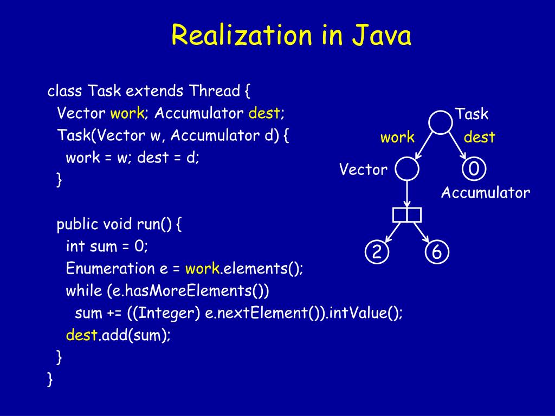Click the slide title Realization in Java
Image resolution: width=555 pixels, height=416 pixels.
(291, 36)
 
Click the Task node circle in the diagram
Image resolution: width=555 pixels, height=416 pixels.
(440, 122)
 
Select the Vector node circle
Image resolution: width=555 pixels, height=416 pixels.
(406, 169)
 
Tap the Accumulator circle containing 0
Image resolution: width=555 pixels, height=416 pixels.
(474, 169)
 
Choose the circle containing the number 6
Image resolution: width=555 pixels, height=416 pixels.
(437, 252)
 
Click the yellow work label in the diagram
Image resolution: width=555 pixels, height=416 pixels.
(397, 138)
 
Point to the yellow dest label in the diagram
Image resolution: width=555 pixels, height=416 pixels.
(479, 138)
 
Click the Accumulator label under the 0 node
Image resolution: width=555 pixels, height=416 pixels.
(485, 193)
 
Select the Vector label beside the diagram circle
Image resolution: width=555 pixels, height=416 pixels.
(363, 170)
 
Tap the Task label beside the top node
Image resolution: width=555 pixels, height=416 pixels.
(472, 114)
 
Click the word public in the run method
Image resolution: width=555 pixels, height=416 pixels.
(75, 224)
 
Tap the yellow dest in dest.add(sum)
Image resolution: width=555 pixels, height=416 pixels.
(81, 335)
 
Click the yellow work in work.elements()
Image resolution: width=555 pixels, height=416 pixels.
(202, 269)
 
